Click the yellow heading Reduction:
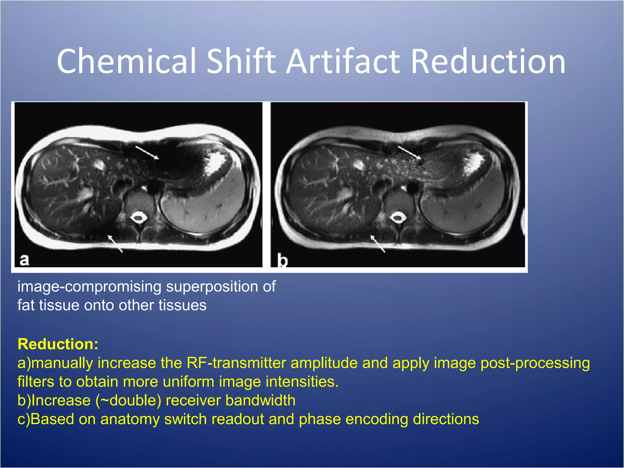pyautogui.click(x=58, y=344)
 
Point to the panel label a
pyautogui.click(x=24, y=260)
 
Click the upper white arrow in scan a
pyautogui.click(x=147, y=152)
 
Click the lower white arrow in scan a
pyautogui.click(x=115, y=243)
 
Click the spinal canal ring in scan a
pyautogui.click(x=139, y=218)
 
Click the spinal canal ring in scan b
pyautogui.click(x=398, y=218)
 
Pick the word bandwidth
pyautogui.click(x=261, y=400)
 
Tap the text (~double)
pyautogui.click(x=128, y=400)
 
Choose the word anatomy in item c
pyautogui.click(x=130, y=419)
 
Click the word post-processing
pyautogui.click(x=535, y=363)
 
